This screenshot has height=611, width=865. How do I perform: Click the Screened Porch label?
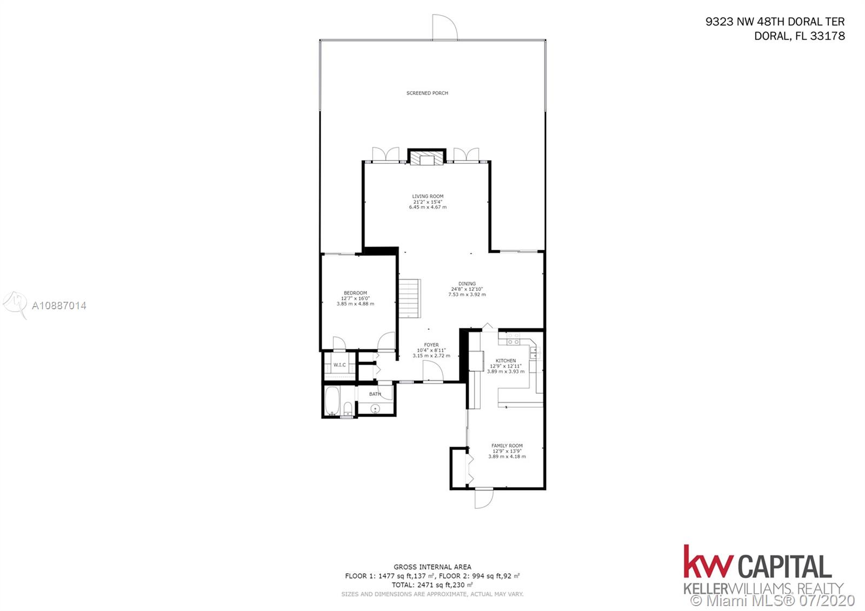[x=427, y=93]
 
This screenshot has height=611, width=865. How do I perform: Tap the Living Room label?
[x=428, y=196]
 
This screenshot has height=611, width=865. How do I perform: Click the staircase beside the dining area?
[x=410, y=298]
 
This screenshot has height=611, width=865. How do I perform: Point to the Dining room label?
[x=467, y=283]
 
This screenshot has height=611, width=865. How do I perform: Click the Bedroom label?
[x=355, y=293]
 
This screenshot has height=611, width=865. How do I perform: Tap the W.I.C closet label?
[x=340, y=365]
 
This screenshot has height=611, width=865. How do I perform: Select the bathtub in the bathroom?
[x=332, y=401]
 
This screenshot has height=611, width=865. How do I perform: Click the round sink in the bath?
[x=375, y=408]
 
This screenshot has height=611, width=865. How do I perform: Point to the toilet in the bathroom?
[x=348, y=409]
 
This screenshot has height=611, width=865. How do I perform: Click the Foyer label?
[x=431, y=345]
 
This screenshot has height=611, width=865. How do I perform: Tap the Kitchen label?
[x=506, y=361]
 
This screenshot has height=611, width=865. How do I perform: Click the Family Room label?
[x=507, y=446]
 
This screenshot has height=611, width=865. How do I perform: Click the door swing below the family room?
[x=484, y=499]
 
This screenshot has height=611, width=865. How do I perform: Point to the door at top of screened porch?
[x=445, y=27]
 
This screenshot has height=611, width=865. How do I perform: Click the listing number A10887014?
[x=59, y=306]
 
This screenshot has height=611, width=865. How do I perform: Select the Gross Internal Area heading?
[x=432, y=567]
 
